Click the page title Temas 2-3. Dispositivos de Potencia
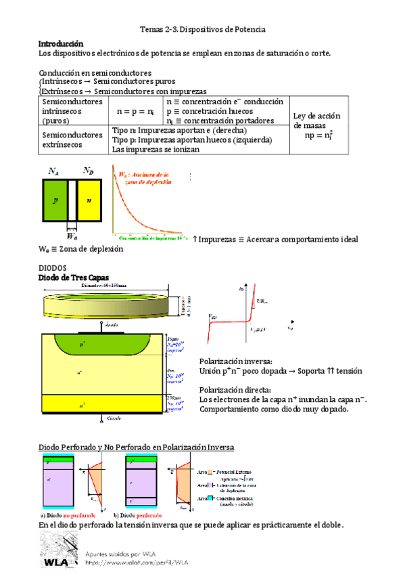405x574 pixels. [202, 30]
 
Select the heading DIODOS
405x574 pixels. [53, 268]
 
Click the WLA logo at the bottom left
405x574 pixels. [58, 551]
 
